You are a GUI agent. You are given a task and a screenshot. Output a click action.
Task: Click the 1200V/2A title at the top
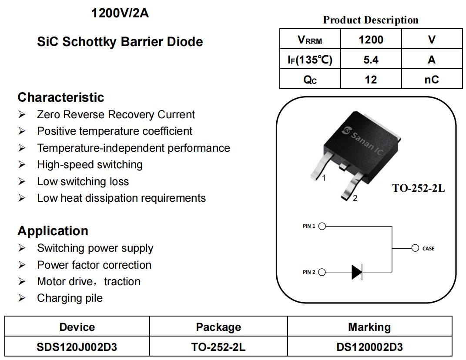(120, 13)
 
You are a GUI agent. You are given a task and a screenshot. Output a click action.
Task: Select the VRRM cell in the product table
(310, 39)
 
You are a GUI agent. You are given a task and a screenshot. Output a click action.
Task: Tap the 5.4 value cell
(371, 60)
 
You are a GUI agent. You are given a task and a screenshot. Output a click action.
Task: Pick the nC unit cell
(432, 79)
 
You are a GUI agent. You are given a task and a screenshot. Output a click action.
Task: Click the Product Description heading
(371, 20)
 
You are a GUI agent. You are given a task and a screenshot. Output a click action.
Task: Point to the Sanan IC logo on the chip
(363, 141)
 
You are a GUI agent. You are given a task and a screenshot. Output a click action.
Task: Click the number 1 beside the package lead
(324, 178)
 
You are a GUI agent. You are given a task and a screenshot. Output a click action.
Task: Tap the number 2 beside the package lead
(355, 198)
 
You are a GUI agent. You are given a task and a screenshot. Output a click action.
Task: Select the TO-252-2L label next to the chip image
(419, 188)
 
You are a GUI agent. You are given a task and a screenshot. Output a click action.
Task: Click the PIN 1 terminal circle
(322, 227)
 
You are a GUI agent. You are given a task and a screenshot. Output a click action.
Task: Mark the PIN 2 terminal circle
(322, 272)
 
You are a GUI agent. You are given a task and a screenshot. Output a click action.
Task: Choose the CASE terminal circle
(415, 248)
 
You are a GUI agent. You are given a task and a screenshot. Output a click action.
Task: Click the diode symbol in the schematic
(357, 272)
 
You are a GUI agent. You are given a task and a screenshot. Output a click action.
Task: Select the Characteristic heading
(61, 97)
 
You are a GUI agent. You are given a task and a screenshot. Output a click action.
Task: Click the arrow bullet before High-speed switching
(22, 164)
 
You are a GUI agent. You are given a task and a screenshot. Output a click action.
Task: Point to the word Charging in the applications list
(60, 298)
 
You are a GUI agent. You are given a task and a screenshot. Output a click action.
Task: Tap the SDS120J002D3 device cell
(77, 347)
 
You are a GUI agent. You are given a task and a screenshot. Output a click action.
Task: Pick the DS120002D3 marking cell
(369, 347)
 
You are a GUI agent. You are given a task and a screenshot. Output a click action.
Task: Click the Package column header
(218, 327)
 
